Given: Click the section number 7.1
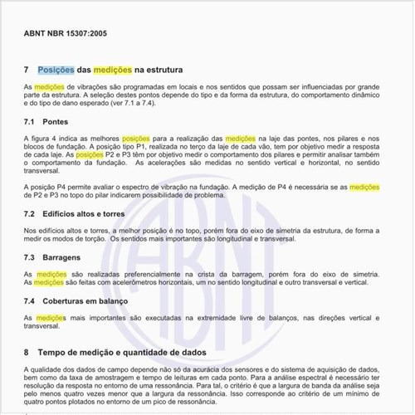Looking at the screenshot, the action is [30, 121].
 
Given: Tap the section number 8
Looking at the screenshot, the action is [27, 352].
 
